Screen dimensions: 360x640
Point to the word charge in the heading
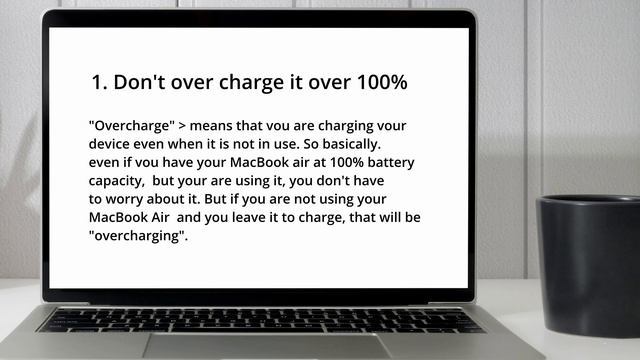click(256, 83)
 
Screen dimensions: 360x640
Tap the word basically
click(348, 145)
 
